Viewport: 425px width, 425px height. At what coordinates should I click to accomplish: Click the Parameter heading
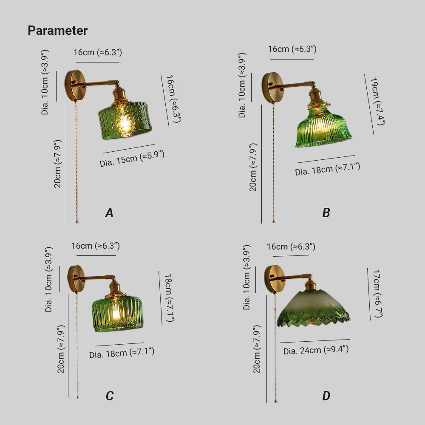(x=57, y=30)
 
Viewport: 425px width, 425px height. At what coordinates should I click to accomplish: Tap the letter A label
(x=109, y=213)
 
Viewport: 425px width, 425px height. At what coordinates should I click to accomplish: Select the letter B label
(x=326, y=213)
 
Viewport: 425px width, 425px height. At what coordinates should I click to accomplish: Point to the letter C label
(x=110, y=396)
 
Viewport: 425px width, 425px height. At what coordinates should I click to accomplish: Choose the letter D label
(x=326, y=396)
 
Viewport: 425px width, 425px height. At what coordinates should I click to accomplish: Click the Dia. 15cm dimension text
(x=132, y=159)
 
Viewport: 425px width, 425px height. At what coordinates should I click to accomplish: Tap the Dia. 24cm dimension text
(x=316, y=350)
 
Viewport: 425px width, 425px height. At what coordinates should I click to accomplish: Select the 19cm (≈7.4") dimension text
(x=377, y=101)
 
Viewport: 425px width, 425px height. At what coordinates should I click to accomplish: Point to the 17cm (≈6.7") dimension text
(x=377, y=294)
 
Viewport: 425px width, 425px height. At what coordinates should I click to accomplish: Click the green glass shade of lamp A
(x=125, y=120)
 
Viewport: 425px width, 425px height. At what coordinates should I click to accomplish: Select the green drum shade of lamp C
(x=117, y=314)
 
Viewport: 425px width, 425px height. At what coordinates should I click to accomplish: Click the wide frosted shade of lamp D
(x=313, y=309)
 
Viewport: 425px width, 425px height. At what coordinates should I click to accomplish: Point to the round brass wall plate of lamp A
(x=75, y=85)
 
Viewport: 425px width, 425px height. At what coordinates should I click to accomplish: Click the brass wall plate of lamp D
(x=274, y=279)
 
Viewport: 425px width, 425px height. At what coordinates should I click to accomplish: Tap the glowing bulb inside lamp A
(x=125, y=124)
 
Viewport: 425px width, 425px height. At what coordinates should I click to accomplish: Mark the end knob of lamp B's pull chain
(x=273, y=222)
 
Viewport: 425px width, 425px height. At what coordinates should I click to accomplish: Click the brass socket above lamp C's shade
(x=115, y=289)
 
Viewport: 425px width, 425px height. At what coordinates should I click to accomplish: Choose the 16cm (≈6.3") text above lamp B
(x=292, y=49)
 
